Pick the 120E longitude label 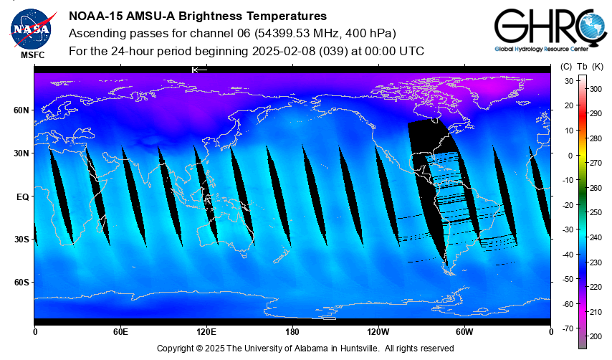[x=206, y=332]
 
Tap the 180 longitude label [x=292, y=332]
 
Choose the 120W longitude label [x=378, y=332]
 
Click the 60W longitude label [x=464, y=332]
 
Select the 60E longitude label [x=120, y=332]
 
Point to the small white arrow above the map [x=199, y=70]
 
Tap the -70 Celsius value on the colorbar [x=568, y=328]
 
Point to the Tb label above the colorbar [x=581, y=66]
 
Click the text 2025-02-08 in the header [x=282, y=52]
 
